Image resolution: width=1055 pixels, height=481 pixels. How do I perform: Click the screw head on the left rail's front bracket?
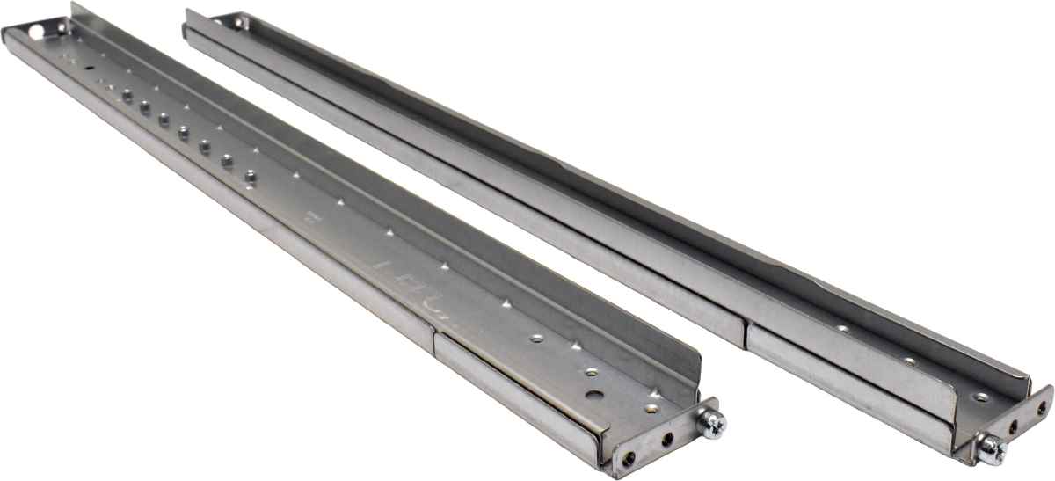[x=711, y=424]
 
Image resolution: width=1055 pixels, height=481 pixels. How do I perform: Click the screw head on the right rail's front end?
[x=992, y=450]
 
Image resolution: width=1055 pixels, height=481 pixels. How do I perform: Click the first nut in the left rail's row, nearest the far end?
[x=127, y=97]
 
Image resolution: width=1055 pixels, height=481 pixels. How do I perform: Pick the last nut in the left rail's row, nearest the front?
[x=250, y=176]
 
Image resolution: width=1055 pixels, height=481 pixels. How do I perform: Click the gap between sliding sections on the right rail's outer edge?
[x=746, y=332]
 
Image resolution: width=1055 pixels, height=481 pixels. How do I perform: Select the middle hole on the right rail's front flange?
[x=1014, y=426]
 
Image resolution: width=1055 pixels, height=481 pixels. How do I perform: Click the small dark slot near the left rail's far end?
[x=89, y=66]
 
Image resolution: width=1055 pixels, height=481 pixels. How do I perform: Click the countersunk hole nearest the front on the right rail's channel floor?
[x=981, y=397]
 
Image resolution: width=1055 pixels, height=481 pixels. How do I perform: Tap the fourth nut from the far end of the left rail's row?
[x=184, y=133]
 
